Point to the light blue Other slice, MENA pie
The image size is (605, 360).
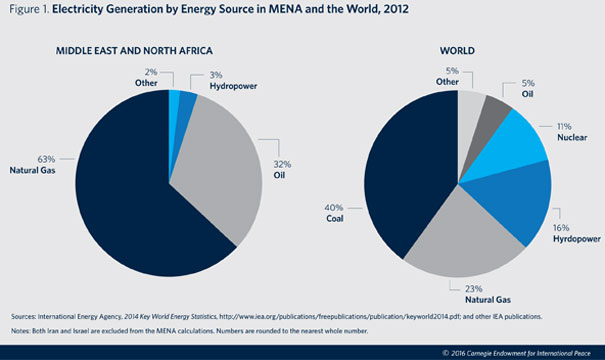[x=174, y=96]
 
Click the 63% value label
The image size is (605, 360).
[x=46, y=159]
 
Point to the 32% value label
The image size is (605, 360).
[x=282, y=164]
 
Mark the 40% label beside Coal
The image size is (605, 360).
[x=334, y=208]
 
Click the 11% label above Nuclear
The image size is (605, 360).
[x=564, y=126]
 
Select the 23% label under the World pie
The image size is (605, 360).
[x=473, y=289]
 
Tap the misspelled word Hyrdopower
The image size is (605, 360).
[x=577, y=239]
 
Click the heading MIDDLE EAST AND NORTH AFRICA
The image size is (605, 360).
[x=134, y=51]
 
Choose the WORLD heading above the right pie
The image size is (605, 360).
[x=457, y=51]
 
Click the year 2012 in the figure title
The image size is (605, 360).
[x=396, y=9]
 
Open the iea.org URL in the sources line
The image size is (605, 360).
[x=340, y=316]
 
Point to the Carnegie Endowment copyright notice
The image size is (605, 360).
[x=516, y=353]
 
